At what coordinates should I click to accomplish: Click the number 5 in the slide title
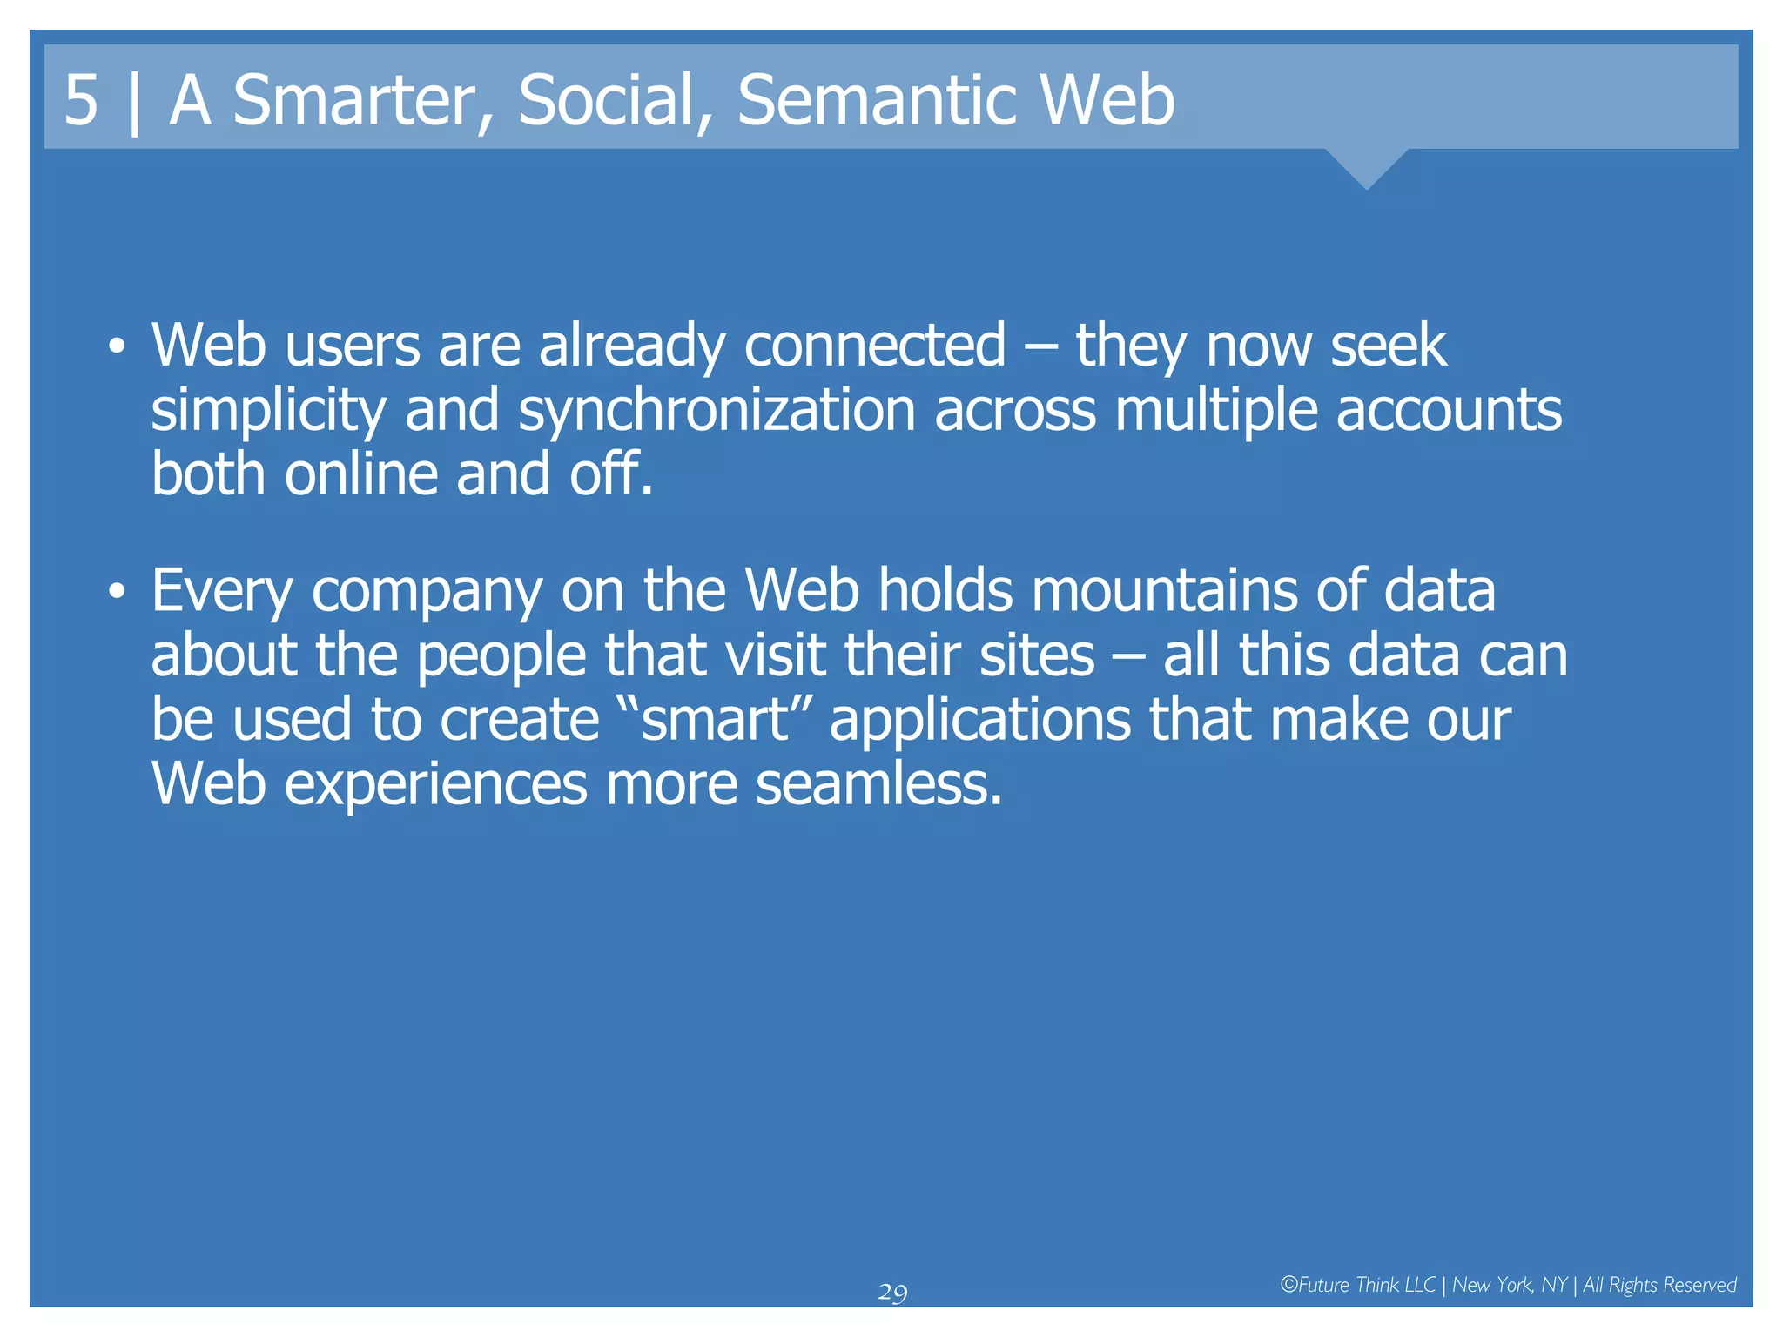(81, 100)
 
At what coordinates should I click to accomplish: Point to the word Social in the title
(615, 100)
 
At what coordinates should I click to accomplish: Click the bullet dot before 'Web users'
(117, 347)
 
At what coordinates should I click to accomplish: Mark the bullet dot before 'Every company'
(117, 593)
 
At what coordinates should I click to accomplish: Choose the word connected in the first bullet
(875, 346)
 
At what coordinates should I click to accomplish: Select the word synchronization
(717, 410)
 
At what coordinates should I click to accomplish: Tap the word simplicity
(268, 410)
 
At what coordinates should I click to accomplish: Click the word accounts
(1449, 410)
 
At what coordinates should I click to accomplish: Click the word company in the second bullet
(427, 593)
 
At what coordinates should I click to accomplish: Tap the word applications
(979, 722)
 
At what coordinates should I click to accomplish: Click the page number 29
(892, 1293)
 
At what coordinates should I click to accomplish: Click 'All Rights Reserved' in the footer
(1659, 1285)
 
